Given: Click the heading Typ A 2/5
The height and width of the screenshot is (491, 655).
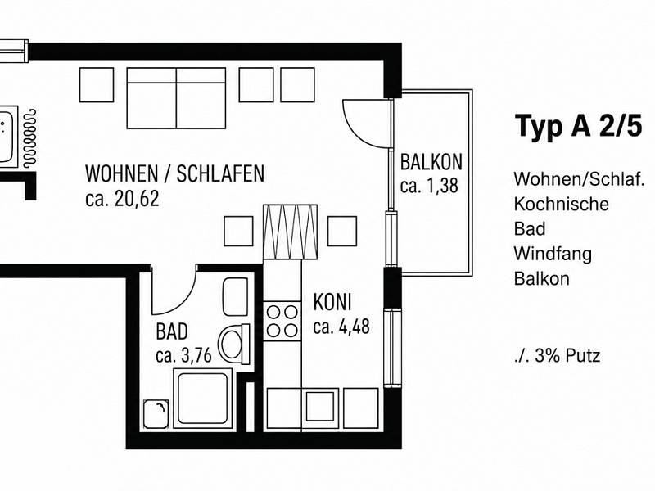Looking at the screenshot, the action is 579,126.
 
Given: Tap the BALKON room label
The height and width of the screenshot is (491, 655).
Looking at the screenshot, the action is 431,162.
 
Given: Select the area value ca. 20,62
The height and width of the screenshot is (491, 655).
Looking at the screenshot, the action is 122,199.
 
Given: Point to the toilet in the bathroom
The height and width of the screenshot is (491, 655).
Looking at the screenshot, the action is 234,344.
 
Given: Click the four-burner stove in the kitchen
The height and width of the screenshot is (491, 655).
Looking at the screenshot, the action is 282,321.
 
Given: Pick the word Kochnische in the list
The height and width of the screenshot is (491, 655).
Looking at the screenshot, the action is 561,204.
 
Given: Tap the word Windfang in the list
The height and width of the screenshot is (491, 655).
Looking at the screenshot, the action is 553,254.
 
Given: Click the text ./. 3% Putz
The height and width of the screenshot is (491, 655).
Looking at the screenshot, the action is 558,356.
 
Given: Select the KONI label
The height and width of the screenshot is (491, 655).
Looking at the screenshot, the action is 332,302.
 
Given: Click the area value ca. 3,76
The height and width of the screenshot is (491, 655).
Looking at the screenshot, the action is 183,356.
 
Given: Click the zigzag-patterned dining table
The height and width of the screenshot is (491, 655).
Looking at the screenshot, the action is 290,232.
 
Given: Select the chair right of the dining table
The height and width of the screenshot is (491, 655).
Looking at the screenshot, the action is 342,231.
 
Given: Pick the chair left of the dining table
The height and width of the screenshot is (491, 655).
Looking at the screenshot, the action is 238,231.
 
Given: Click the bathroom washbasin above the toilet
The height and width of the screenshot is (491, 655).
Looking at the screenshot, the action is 235,297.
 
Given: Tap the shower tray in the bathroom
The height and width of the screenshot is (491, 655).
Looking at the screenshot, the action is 203,399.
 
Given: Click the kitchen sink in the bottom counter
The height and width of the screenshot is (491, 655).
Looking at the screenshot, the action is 320,407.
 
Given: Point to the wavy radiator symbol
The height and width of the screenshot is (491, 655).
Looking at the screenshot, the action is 29,138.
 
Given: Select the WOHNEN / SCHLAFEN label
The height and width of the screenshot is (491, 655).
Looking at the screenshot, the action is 174,173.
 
